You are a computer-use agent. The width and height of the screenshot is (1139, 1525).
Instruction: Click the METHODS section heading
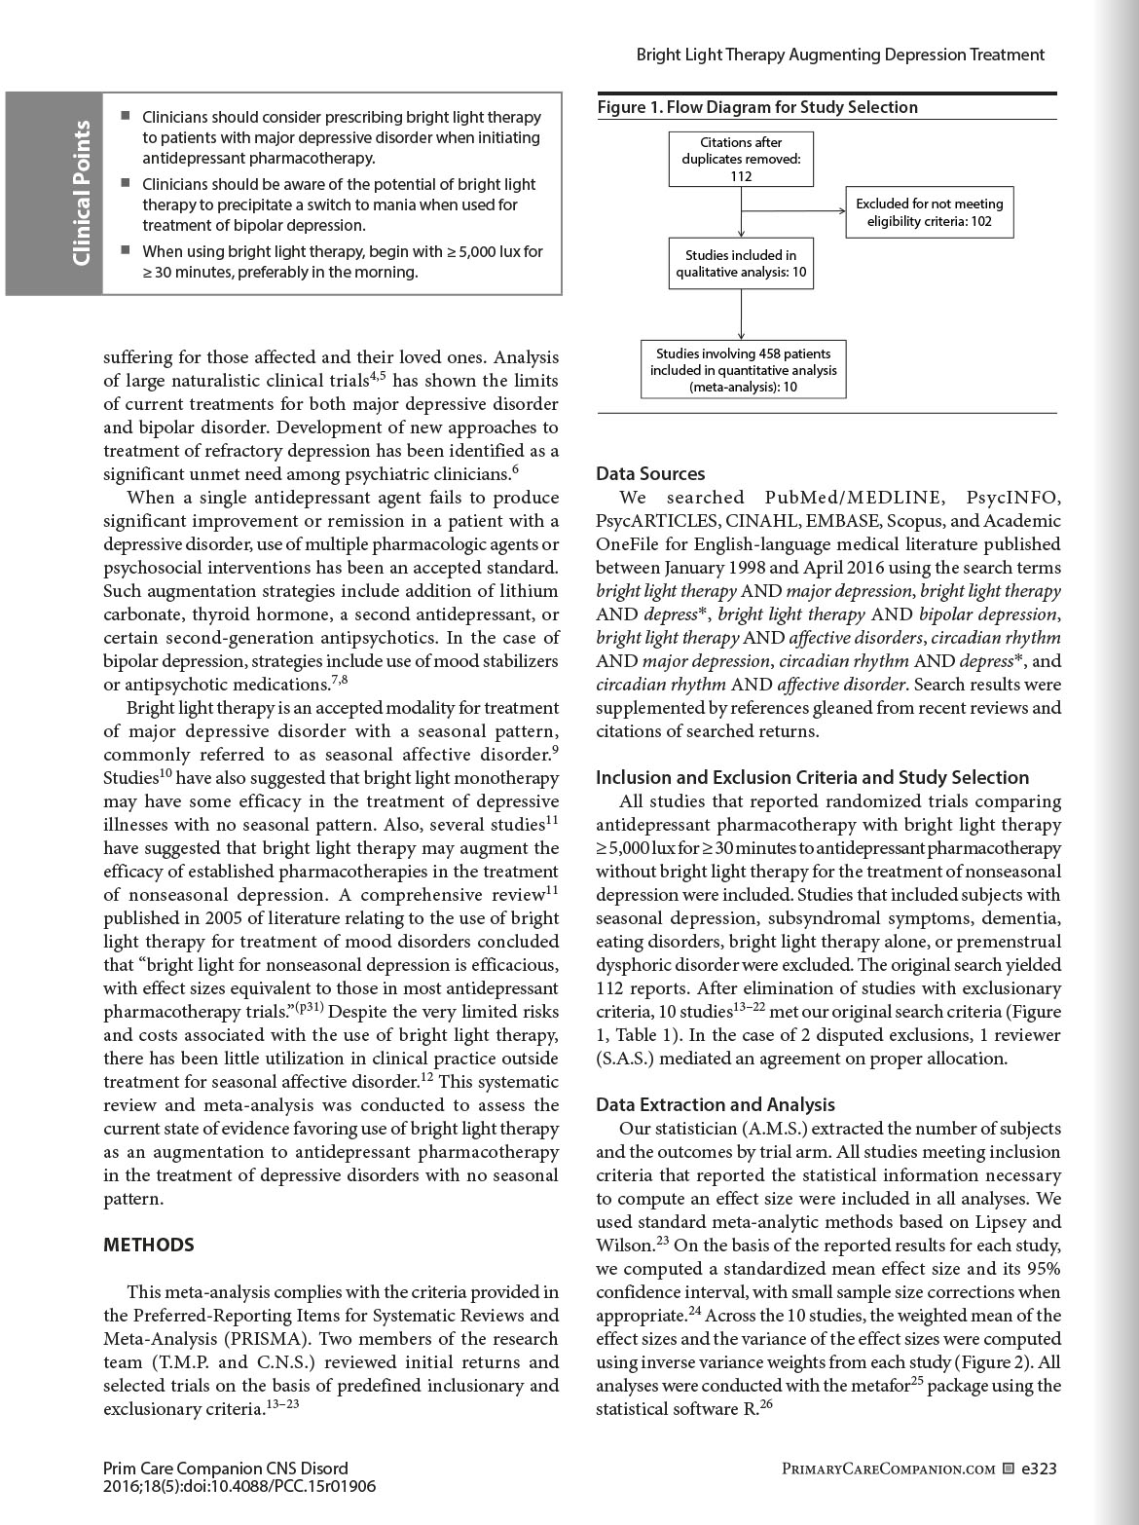coord(149,1245)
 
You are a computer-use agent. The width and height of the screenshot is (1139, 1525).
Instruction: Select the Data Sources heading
coord(650,474)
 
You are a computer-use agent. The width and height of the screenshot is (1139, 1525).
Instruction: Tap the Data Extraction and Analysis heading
coord(716,1104)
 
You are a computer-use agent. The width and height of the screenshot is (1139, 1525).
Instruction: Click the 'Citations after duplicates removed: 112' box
coord(741,159)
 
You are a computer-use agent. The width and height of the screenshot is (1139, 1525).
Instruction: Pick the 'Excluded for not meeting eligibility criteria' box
coord(929,212)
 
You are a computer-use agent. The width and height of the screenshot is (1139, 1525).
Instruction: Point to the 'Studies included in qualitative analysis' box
coord(741,264)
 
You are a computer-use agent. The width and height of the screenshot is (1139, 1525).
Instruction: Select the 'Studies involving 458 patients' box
coord(743,370)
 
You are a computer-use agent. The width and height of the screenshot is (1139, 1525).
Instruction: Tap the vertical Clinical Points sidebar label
coord(82,193)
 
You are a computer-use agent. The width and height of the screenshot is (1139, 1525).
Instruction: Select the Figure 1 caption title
coord(757,107)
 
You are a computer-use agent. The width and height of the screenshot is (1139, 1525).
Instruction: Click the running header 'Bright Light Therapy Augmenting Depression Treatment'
coord(840,55)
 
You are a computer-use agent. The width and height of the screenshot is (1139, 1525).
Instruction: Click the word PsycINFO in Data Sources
coord(1013,498)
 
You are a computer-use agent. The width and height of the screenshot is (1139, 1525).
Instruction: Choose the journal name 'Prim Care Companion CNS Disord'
coord(225,1469)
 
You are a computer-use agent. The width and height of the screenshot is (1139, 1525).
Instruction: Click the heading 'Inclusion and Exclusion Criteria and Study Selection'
coord(812,777)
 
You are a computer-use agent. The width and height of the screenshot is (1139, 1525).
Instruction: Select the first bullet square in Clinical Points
coord(126,116)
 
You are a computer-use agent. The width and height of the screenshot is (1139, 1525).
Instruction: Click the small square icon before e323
coord(1008,1469)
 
